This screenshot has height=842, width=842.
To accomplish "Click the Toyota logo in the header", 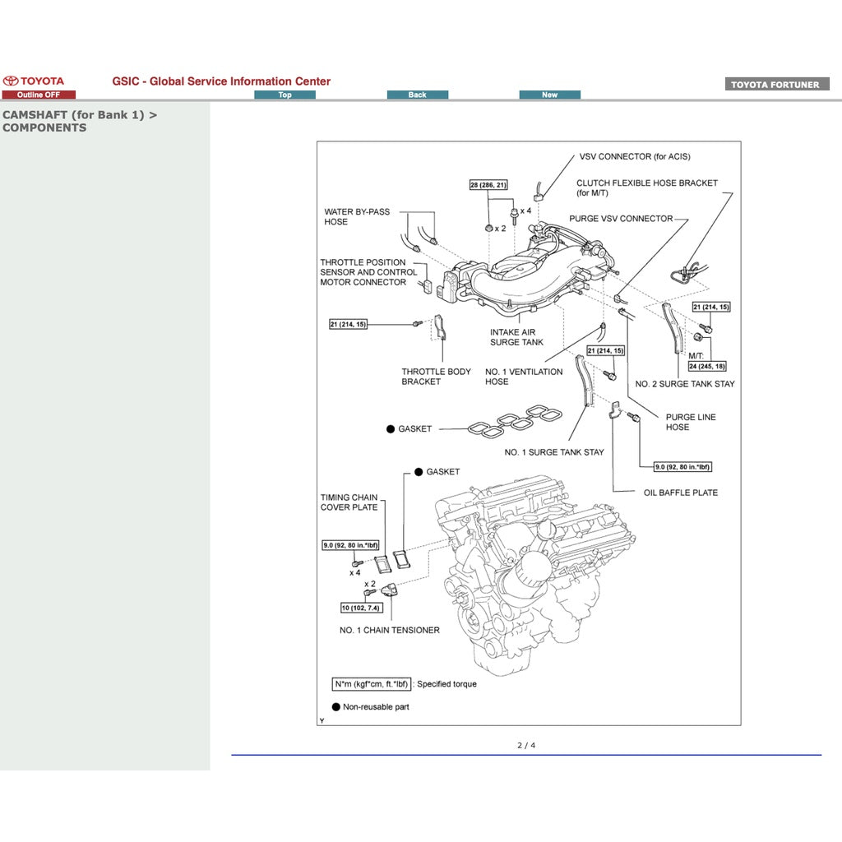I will [x=33, y=81].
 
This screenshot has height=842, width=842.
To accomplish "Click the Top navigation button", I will [x=285, y=95].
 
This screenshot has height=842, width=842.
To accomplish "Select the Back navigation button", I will [x=418, y=95].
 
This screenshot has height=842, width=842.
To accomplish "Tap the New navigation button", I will [x=549, y=95].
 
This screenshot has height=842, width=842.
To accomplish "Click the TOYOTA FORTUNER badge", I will [x=776, y=85].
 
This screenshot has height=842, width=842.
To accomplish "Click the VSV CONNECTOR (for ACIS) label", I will [x=634, y=156].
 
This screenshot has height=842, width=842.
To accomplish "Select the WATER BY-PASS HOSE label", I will [x=357, y=216].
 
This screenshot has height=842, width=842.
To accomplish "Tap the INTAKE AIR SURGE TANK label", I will [x=516, y=337].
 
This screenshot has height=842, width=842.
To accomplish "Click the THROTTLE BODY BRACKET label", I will [x=436, y=377].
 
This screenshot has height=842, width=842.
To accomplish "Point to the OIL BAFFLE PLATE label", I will [x=680, y=493].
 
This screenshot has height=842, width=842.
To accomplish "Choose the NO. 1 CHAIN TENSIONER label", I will [x=389, y=630].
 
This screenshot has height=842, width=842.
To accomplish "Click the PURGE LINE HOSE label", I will [x=690, y=422].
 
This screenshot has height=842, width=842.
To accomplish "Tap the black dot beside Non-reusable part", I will [x=335, y=707].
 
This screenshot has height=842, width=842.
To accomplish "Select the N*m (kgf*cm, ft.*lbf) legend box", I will [x=371, y=684].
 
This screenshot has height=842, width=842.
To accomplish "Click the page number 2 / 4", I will [x=525, y=746].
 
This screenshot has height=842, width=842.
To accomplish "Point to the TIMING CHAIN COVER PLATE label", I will [x=349, y=502].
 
